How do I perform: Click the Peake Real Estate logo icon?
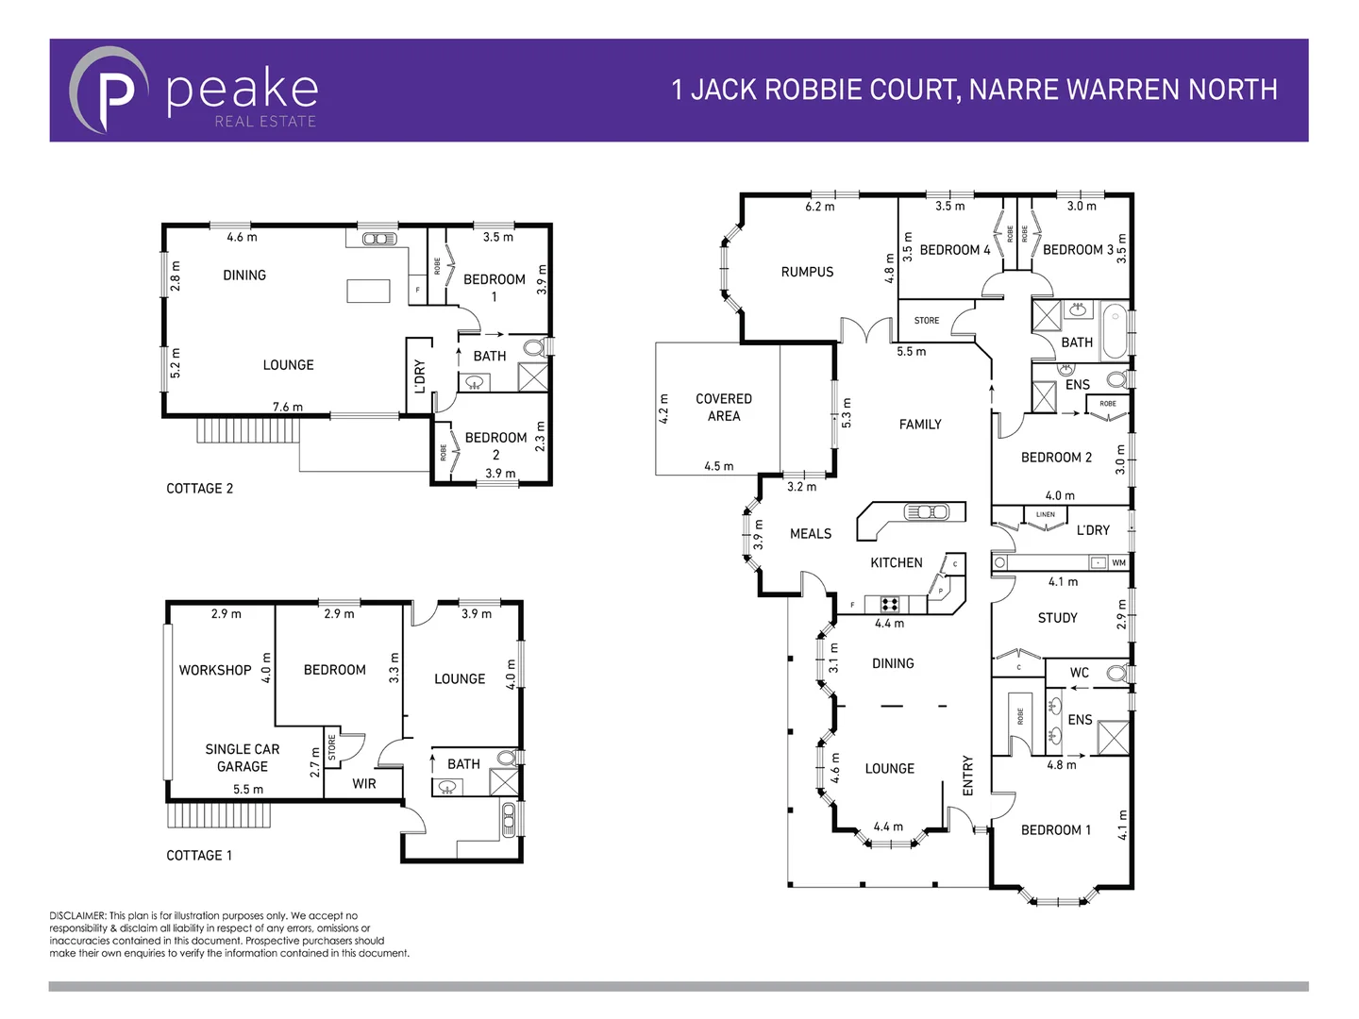pos(109,91)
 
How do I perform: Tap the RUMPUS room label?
pos(807,272)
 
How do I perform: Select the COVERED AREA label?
pos(724,408)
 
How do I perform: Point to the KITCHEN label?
pos(896,562)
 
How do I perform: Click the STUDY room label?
pos(1057,618)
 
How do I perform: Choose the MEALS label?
pos(811,534)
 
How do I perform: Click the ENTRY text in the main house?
pos(967,775)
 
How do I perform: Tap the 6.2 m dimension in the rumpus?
pos(819,207)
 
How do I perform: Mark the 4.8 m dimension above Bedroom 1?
pos(1061,765)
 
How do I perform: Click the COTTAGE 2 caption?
pos(199,489)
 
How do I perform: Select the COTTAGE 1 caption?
pos(199,856)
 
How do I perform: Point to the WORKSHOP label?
pos(215,670)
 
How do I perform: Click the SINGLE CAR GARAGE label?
pos(243,758)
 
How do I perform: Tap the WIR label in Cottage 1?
pos(364,784)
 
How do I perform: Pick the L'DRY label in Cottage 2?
pos(420,376)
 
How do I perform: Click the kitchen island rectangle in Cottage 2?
pos(368,291)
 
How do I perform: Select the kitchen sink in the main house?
pos(926,512)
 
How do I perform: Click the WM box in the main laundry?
pos(1118,563)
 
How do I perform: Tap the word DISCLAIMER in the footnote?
pos(77,916)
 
